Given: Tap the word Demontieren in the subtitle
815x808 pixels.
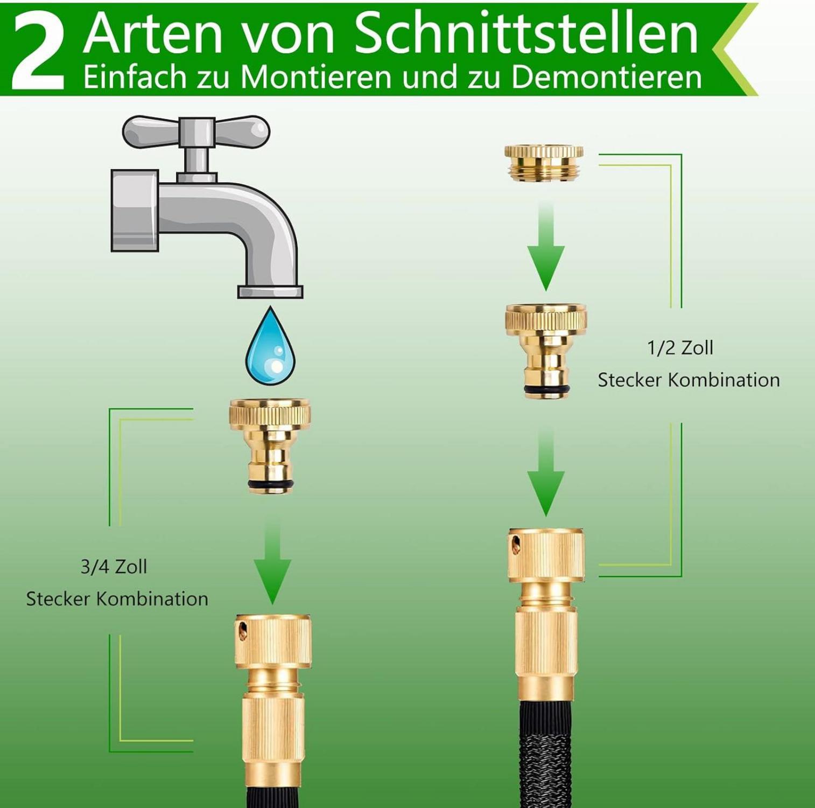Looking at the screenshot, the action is click(x=607, y=76).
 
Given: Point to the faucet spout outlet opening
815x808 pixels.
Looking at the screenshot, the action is click(x=270, y=292).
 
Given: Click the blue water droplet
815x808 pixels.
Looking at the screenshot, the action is click(x=271, y=346).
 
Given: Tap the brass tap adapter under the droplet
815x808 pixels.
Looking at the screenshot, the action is click(x=270, y=445).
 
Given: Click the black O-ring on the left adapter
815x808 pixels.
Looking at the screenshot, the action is click(x=270, y=486).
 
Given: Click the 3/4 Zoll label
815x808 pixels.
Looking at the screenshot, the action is click(x=114, y=567).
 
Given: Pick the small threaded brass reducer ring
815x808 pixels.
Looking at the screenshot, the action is click(x=544, y=160).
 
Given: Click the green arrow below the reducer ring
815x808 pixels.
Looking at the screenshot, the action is click(x=545, y=245).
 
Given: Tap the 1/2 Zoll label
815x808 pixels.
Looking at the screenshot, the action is click(x=680, y=348).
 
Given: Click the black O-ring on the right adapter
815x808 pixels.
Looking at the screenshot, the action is click(x=546, y=389).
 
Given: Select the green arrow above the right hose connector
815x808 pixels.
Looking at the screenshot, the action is click(x=546, y=471).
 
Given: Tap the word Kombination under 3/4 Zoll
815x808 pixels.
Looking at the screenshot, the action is click(x=153, y=599).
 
